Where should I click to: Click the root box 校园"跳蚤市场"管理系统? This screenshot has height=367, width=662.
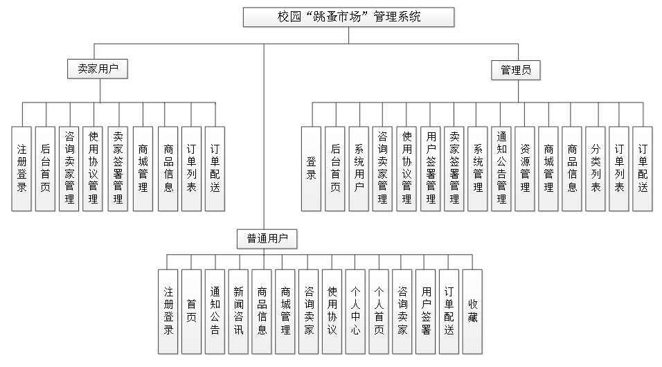(x=348, y=17)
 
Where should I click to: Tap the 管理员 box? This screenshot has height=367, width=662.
(x=516, y=69)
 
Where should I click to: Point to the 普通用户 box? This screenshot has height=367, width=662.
(x=267, y=239)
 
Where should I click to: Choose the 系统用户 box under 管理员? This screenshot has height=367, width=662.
(x=359, y=168)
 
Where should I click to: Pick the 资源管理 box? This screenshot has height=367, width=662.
(x=525, y=168)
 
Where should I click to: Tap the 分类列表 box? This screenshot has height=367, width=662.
(x=596, y=168)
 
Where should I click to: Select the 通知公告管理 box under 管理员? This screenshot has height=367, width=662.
(x=501, y=168)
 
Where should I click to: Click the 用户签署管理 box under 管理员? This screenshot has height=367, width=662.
(x=430, y=168)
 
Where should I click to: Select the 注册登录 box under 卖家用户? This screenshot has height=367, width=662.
(x=21, y=168)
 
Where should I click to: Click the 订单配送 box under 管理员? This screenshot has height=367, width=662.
(x=643, y=168)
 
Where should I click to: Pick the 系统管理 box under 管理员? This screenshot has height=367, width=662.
(x=478, y=168)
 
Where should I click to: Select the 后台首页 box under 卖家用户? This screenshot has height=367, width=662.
(x=45, y=168)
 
